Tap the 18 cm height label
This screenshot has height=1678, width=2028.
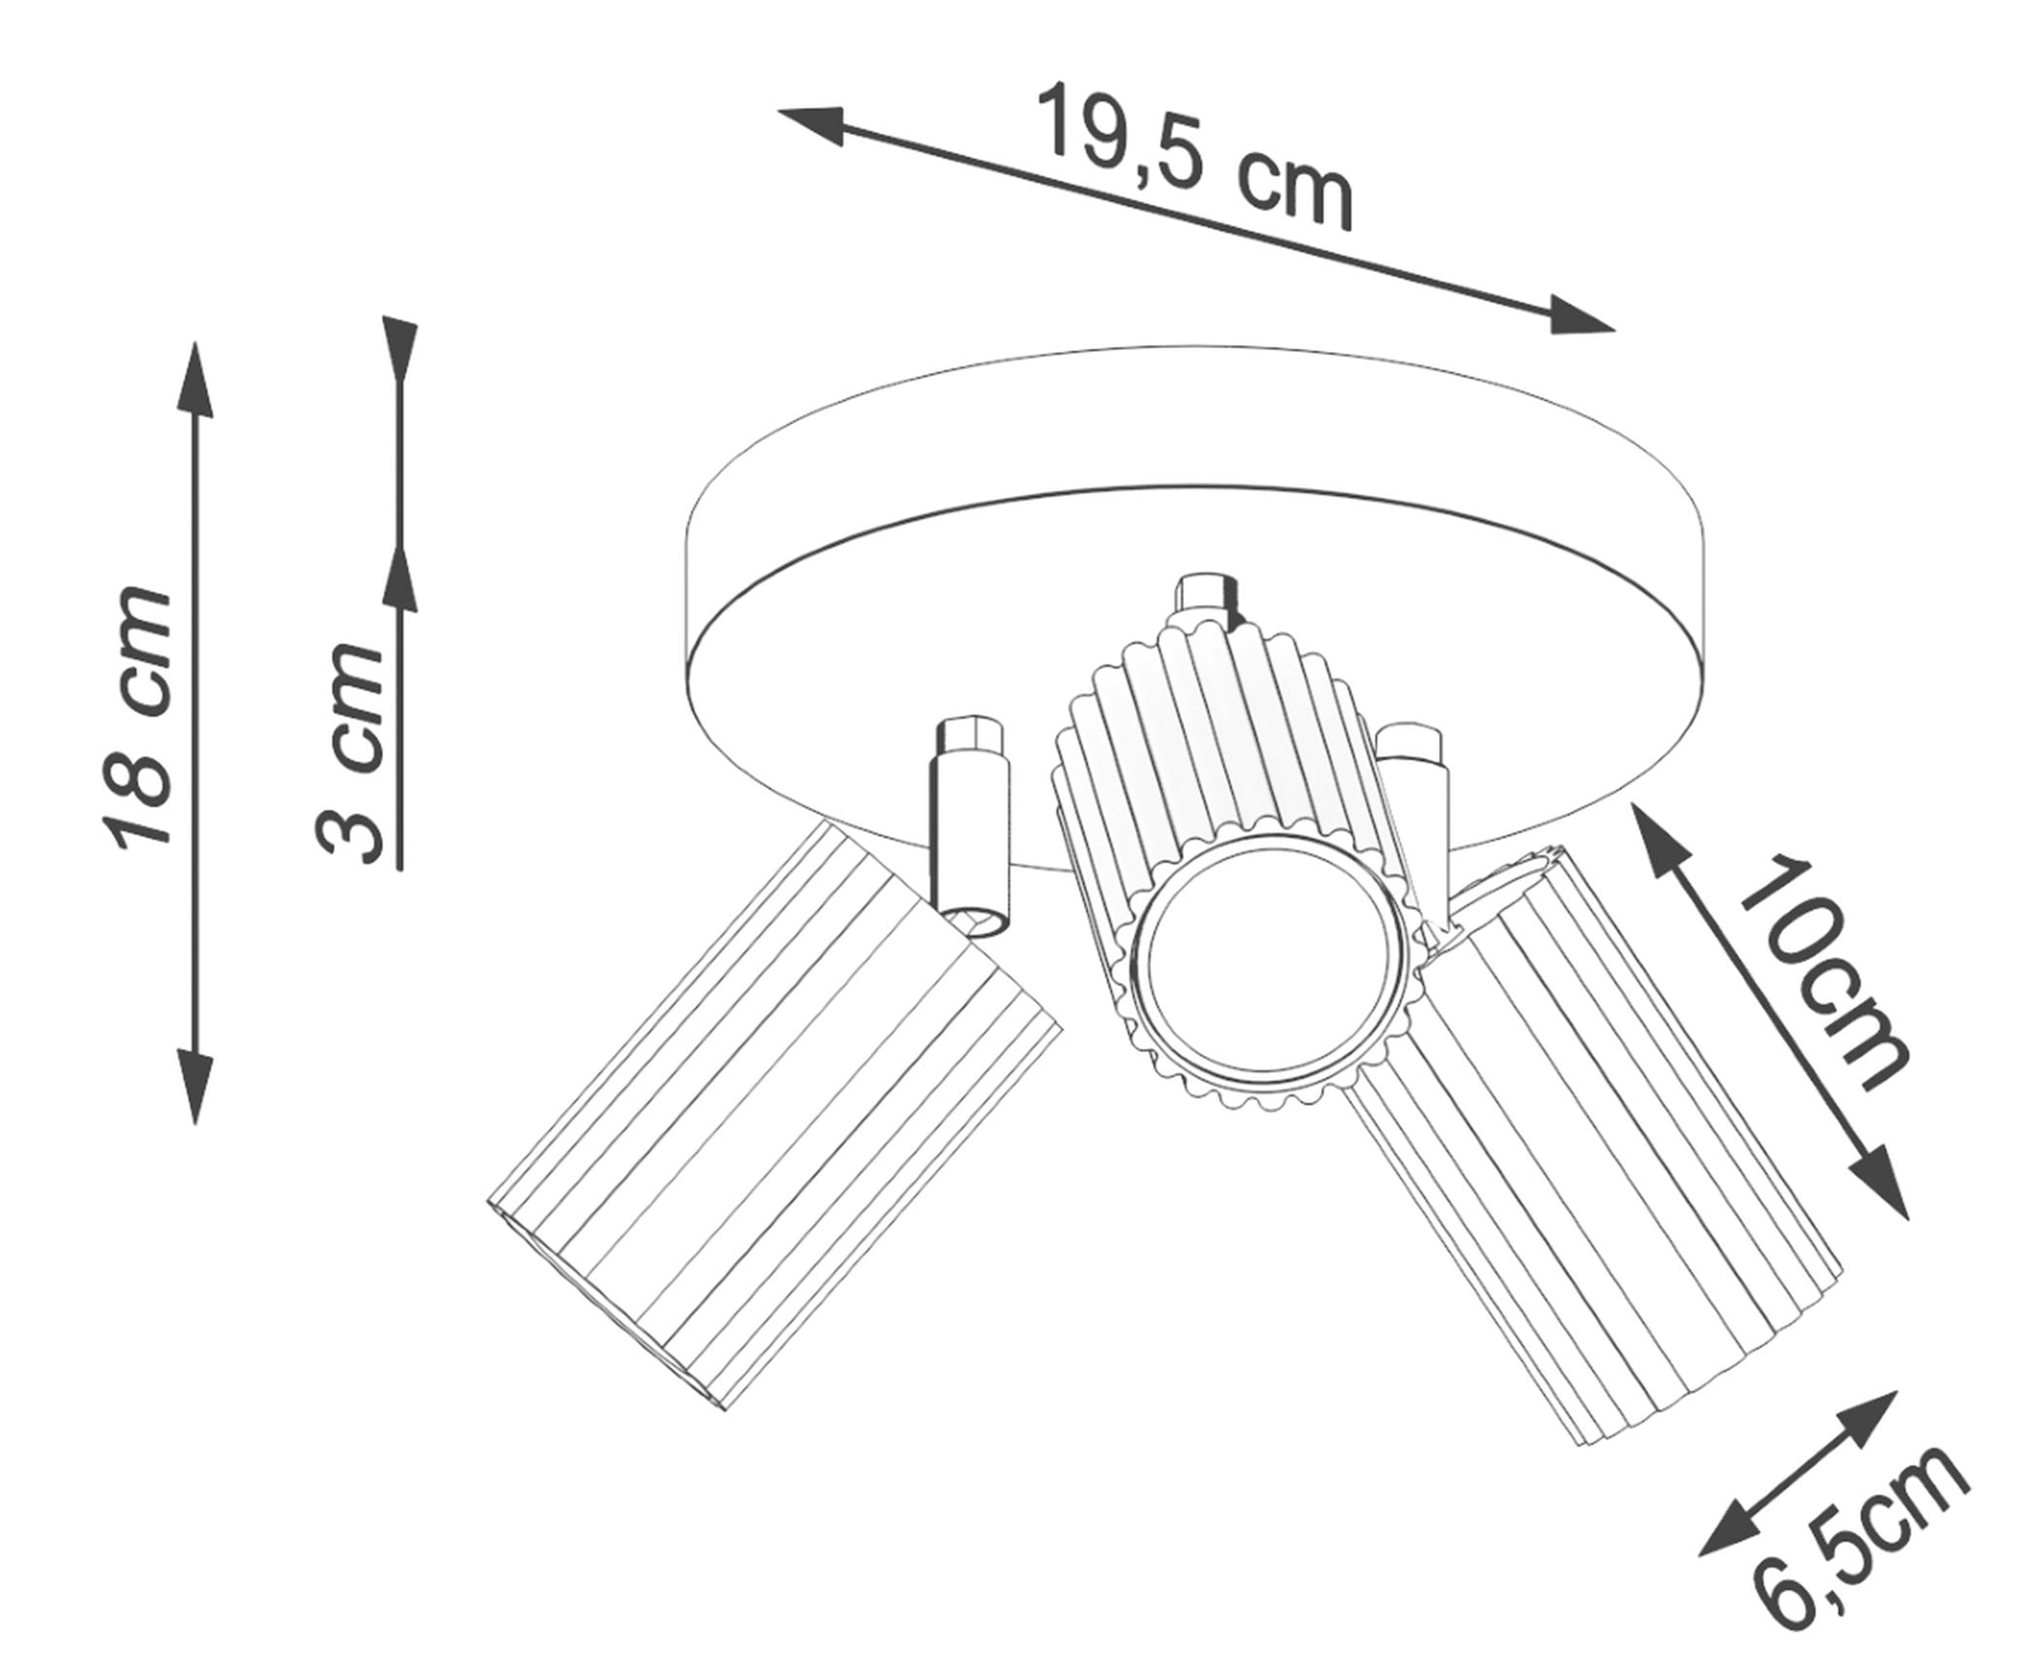[x=138, y=719]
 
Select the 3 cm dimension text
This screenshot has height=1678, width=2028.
[x=349, y=751]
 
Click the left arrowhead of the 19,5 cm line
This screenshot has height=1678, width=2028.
[x=811, y=122]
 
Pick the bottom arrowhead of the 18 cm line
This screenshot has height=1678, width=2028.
[x=195, y=1087]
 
